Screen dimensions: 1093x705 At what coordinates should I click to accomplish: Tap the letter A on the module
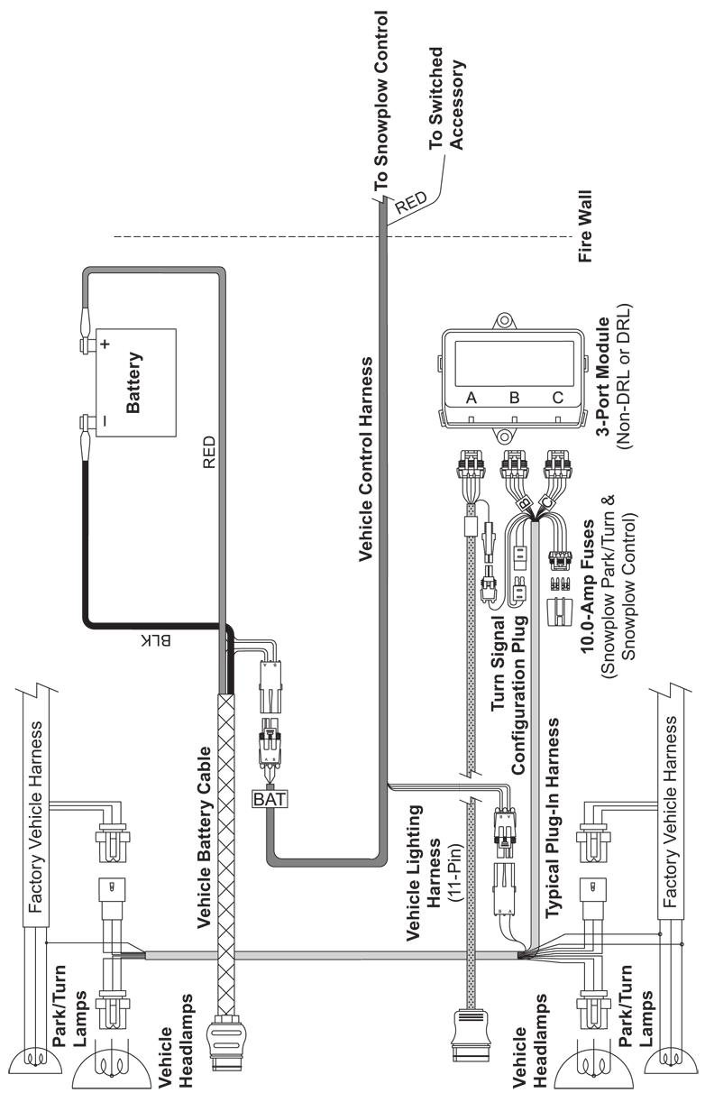[471, 398]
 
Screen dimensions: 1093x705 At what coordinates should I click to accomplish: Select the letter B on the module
[514, 398]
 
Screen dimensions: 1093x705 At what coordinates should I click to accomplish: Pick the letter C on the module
[558, 398]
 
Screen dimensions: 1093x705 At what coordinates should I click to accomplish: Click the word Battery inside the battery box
[133, 382]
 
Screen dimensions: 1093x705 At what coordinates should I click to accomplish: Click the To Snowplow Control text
[380, 101]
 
